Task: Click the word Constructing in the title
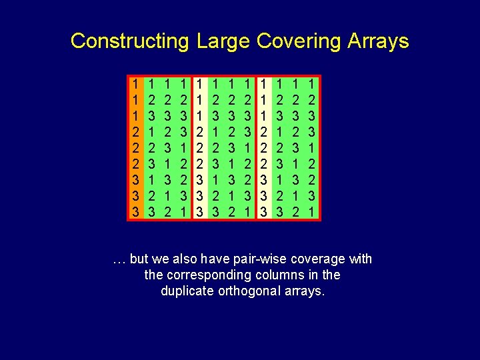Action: tap(129, 41)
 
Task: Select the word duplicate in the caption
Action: tap(186, 291)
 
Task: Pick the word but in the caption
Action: tap(139, 259)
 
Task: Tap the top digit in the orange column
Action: tap(135, 85)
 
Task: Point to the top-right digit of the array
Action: tap(312, 85)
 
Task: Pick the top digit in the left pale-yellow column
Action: tap(200, 85)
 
